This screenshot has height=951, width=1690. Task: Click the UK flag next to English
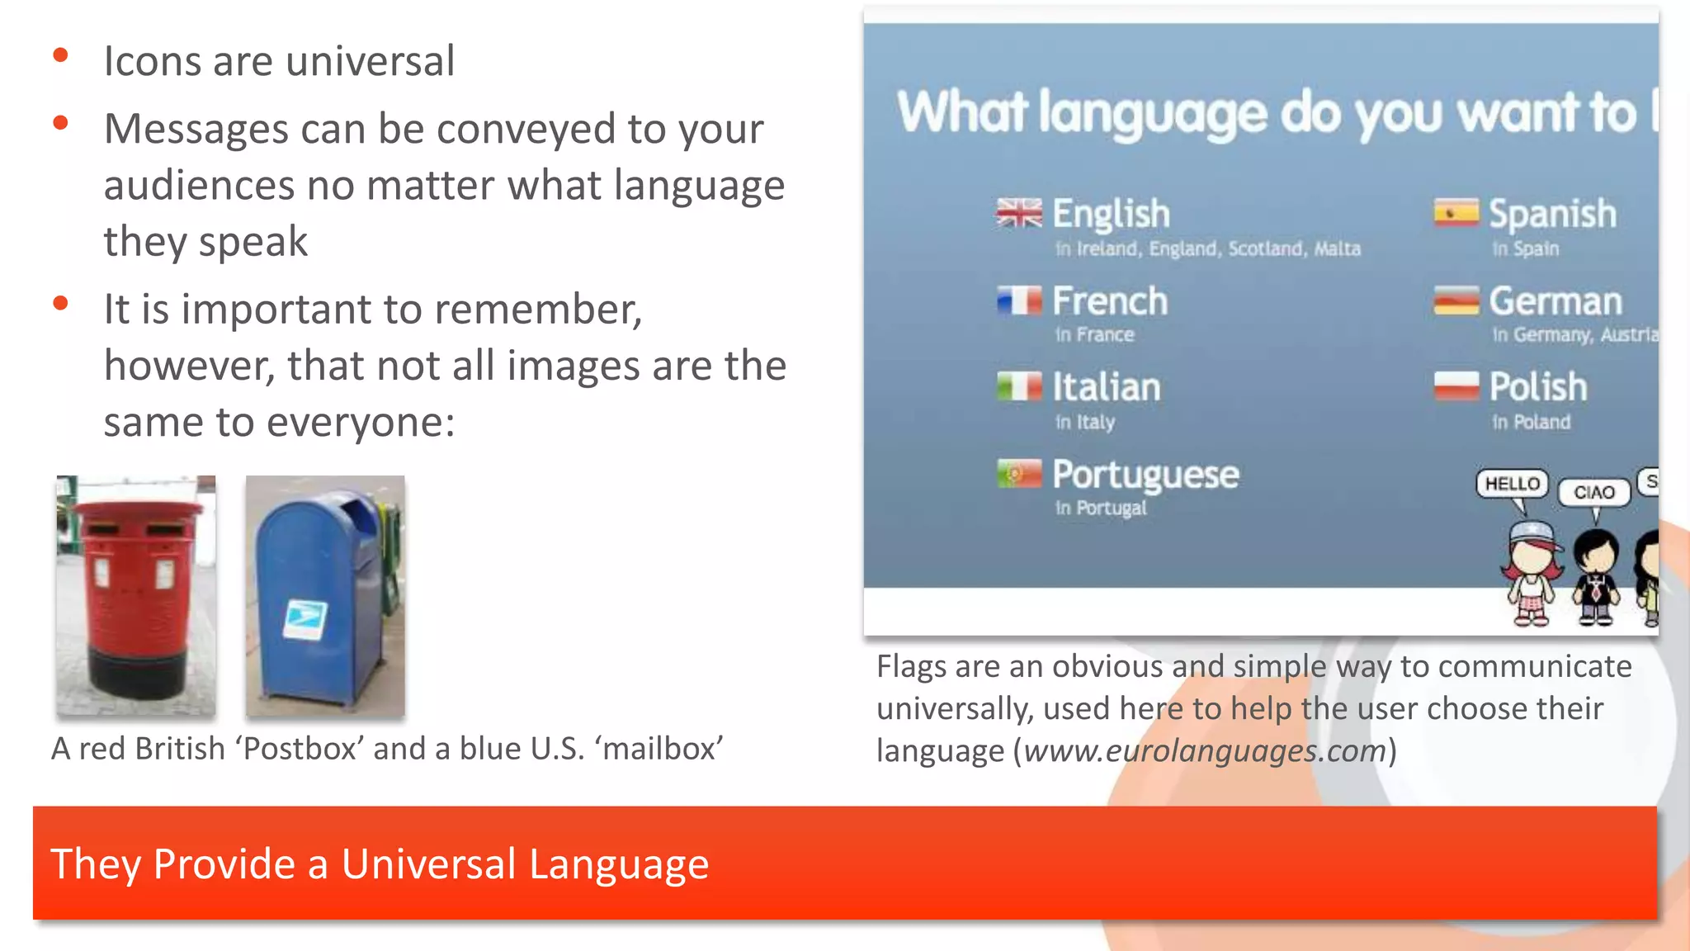1018,213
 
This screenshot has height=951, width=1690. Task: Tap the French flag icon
1018,300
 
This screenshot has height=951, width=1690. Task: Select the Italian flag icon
1018,386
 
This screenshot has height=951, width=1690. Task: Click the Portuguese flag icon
1018,474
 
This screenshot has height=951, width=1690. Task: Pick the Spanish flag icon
1456,213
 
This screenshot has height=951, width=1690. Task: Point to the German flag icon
1456,300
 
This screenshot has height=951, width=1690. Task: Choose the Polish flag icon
1456,386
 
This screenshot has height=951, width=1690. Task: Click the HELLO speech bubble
1512,484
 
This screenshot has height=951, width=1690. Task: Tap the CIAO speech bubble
1593,493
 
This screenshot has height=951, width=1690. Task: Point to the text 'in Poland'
1531,423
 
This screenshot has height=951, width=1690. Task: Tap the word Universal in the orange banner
428,864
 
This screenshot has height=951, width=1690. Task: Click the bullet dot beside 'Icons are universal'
60,56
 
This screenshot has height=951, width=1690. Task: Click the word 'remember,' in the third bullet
538,310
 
